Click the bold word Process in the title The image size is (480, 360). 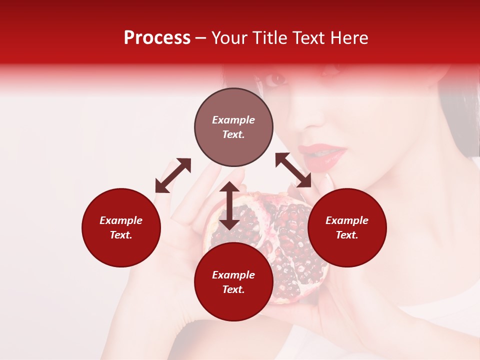(x=157, y=38)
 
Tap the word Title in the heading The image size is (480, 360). (x=269, y=38)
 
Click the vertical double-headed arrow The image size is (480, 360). (x=229, y=205)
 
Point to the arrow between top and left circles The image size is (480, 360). (x=173, y=175)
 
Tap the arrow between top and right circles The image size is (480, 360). (x=293, y=170)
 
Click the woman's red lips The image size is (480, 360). (x=322, y=154)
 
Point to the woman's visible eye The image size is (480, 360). (x=275, y=78)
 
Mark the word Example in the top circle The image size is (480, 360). (x=233, y=120)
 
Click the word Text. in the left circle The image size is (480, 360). (x=121, y=235)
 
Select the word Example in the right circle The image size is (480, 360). (x=347, y=220)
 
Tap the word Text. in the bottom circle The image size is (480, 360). (x=233, y=289)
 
